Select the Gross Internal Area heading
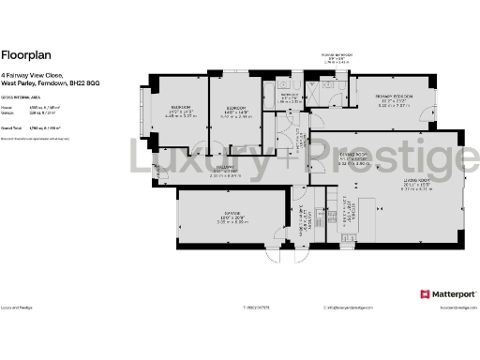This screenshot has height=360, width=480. pos(21,97)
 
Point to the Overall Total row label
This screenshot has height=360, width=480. pos(12,127)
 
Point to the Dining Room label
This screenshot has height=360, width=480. pos(353,154)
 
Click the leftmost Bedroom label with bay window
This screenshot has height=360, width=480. pos(178,108)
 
